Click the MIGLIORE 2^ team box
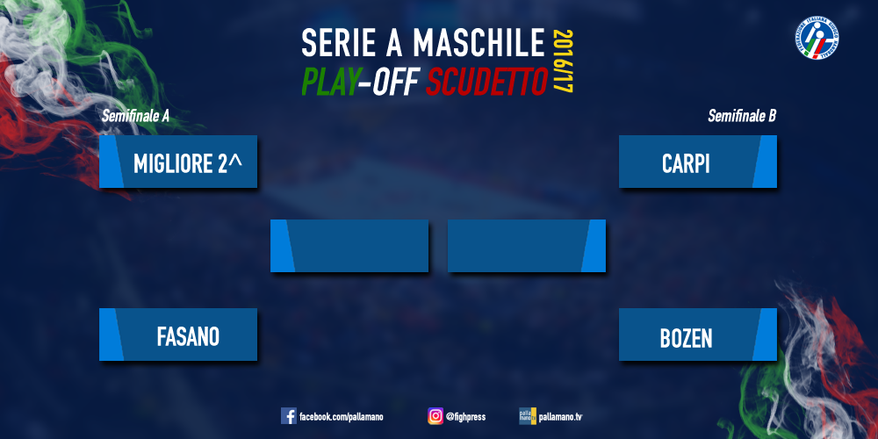coord(178,162)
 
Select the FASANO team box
coord(178,335)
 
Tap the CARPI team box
coord(698,162)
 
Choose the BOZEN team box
coord(698,335)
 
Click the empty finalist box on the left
coord(349,246)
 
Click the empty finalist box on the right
coord(527,246)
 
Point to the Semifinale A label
coord(135,116)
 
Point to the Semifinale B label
coord(742,116)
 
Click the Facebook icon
coord(288,416)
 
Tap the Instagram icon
coord(435,416)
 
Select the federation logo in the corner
coord(818,40)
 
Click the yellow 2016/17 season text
coord(565,61)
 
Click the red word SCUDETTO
coord(486,83)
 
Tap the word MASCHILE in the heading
coord(479,43)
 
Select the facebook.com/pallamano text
coord(342,417)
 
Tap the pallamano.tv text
coord(560,416)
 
